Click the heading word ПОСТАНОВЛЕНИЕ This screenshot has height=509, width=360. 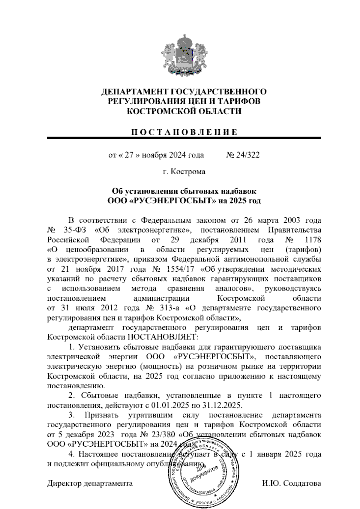[184, 132]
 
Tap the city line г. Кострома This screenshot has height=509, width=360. [184, 172]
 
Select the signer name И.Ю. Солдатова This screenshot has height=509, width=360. [291, 483]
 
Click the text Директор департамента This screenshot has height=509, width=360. [90, 483]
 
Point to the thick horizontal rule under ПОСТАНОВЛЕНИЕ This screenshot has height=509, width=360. [184, 138]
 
